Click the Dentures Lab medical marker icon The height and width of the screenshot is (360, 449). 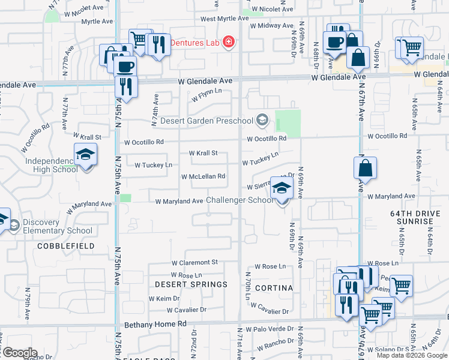229,43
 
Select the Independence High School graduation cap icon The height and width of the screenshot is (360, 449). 86,155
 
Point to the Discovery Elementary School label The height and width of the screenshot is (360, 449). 58,226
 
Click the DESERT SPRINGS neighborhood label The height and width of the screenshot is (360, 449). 191,284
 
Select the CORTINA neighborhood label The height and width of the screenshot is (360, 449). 274,288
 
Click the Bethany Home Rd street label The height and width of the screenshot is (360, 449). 155,324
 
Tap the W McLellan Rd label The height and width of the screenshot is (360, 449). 203,176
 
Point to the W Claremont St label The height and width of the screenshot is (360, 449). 194,263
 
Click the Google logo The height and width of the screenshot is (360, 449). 19,353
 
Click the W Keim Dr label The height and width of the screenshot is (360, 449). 164,298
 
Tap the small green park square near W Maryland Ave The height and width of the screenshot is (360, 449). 125,199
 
